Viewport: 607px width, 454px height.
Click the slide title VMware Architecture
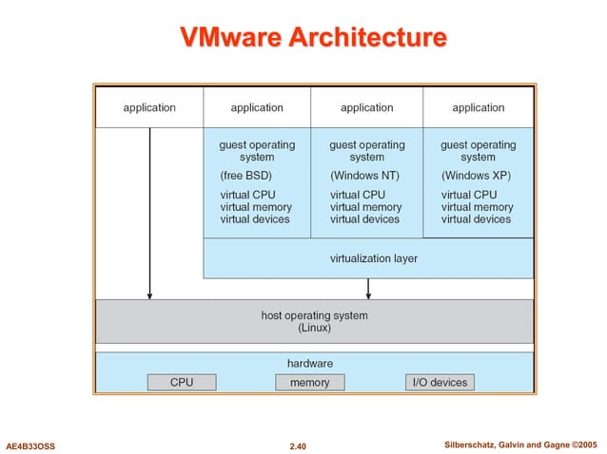313,37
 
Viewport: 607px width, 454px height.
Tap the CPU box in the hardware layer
182,382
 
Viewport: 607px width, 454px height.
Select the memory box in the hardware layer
309,382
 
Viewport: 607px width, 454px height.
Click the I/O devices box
439,382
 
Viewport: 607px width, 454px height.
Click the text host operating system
314,315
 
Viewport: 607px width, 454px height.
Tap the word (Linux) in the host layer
314,328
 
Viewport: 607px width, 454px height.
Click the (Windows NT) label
364,176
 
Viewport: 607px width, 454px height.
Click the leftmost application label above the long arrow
149,107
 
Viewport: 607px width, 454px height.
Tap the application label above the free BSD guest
257,107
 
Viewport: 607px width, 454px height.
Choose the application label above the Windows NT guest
367,107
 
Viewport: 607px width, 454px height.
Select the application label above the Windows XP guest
478,107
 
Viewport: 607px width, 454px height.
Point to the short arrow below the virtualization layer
368,288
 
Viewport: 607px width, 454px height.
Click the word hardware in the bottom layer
310,363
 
